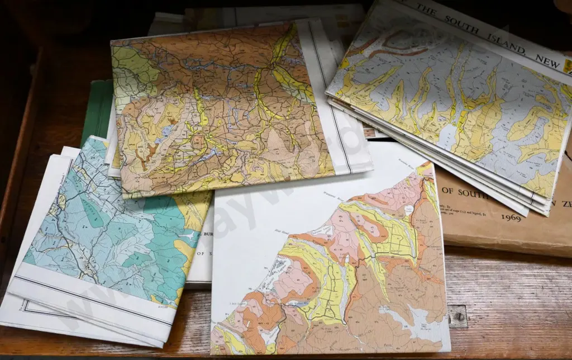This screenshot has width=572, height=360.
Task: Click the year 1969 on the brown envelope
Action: coord(511,217)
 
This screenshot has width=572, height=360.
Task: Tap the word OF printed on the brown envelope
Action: coord(447,190)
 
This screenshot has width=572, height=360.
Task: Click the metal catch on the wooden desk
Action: coord(457,316)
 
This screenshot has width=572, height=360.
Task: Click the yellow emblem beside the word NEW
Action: coord(567,66)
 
